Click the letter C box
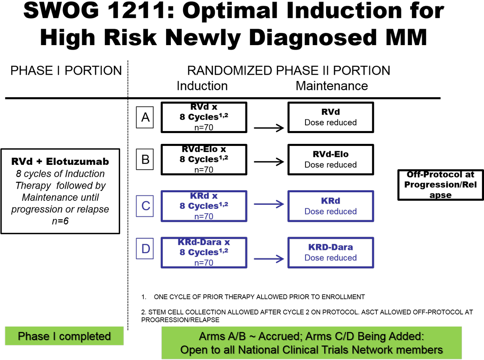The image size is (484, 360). point(145,206)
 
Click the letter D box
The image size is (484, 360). point(145,248)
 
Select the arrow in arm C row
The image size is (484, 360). point(269,204)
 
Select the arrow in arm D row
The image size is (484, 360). point(269,259)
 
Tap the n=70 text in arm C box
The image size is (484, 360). point(204,216)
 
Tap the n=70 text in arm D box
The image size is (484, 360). point(204,263)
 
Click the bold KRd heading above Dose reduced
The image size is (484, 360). point(330,201)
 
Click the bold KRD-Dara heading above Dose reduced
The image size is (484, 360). point(330,247)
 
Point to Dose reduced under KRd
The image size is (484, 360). point(330,211)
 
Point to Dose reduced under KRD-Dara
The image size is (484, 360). point(330,258)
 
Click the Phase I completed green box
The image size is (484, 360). point(64,336)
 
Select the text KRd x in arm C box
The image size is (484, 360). point(204,196)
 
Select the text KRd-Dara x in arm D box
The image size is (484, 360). point(204,242)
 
